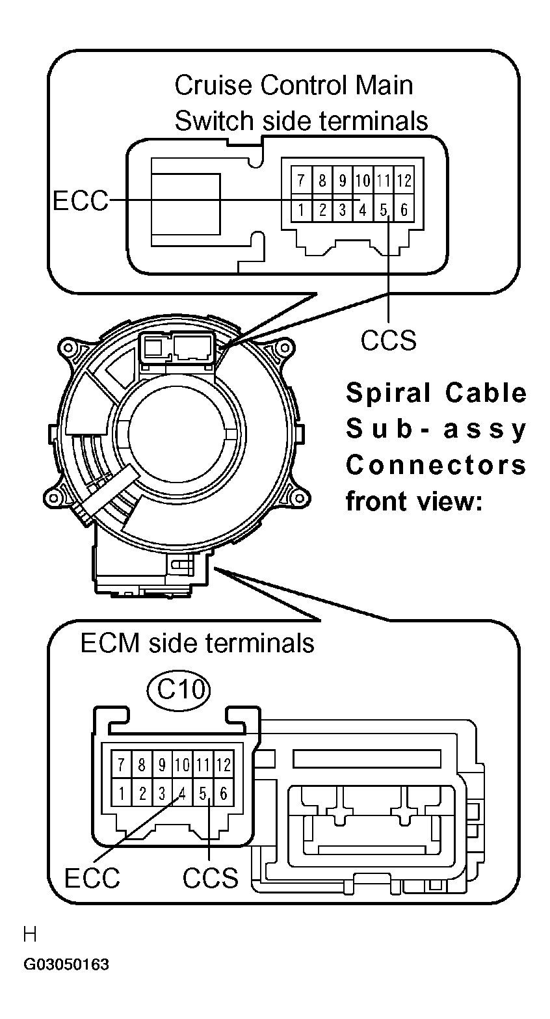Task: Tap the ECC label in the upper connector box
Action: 80,201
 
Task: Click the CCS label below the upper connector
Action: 388,339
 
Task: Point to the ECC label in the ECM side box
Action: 92,878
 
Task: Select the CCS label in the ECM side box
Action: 210,878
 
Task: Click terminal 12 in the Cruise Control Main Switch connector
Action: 404,180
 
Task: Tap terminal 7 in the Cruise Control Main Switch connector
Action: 300,180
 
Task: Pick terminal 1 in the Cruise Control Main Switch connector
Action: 300,209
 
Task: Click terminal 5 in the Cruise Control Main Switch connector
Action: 384,209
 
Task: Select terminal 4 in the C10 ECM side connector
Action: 183,793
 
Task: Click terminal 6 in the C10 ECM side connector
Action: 224,793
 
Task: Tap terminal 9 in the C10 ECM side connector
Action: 162,764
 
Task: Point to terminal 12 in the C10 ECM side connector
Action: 224,764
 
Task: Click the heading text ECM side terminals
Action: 197,643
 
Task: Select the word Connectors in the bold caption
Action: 436,465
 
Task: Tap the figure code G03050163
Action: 66,964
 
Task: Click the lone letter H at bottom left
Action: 30,935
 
